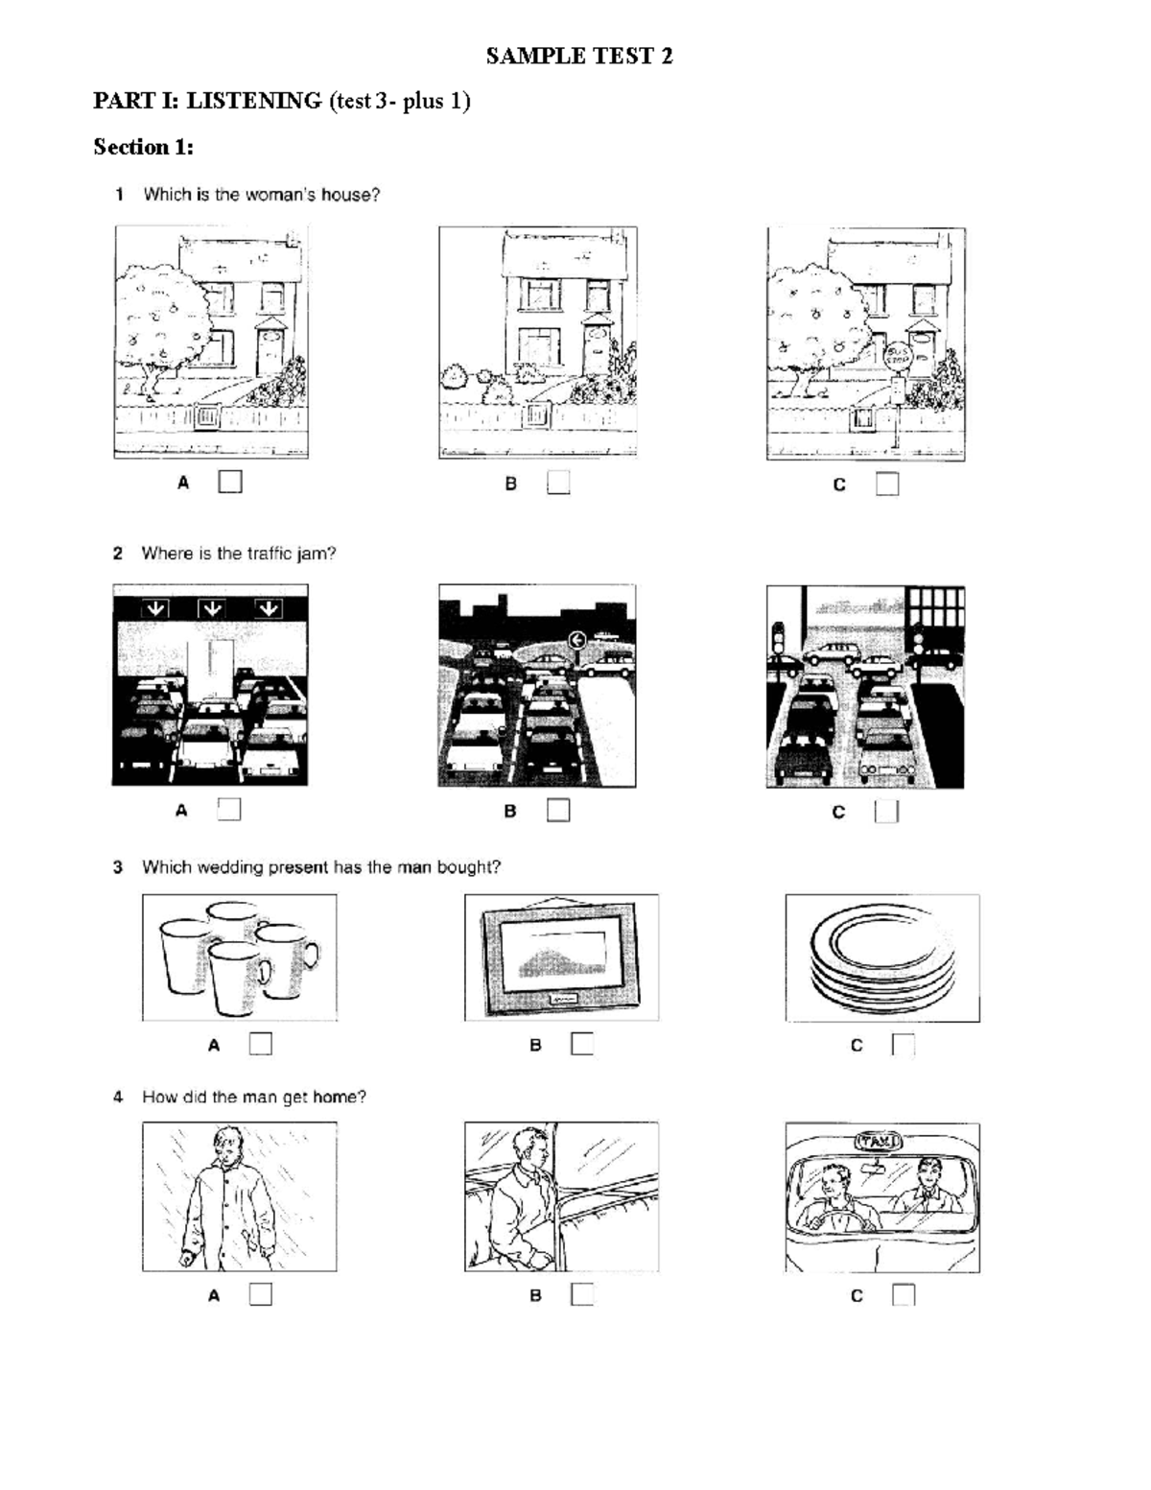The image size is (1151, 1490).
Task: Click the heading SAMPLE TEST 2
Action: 578,57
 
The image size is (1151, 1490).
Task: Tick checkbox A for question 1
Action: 230,482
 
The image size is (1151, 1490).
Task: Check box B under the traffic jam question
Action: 558,811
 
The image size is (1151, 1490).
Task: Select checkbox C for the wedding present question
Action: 903,1045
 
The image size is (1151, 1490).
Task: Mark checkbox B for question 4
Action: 581,1294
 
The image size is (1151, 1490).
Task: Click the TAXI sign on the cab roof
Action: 878,1142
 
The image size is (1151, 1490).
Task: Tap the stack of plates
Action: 882,958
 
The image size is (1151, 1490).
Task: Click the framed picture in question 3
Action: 561,957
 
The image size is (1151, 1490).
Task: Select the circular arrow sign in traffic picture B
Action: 576,639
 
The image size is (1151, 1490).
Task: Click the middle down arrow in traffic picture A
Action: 211,608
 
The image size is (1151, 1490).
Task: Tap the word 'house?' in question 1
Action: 350,195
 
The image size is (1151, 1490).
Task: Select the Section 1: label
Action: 143,147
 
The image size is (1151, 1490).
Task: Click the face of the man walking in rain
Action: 226,1148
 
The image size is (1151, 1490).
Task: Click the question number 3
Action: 118,867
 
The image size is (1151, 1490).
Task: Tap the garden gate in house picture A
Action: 207,417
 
